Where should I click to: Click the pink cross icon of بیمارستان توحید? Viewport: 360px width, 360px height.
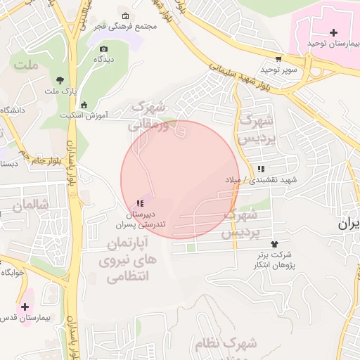pyautogui.click(x=333, y=32)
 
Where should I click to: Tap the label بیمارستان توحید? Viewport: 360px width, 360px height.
pyautogui.click(x=333, y=44)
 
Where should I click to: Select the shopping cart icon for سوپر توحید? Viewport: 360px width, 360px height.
pyautogui.click(x=279, y=59)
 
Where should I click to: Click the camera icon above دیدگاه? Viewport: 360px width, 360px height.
pyautogui.click(x=104, y=49)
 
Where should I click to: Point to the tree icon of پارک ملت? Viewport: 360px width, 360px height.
pyautogui.click(x=59, y=79)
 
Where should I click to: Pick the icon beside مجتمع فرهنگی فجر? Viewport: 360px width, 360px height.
pyautogui.click(x=126, y=16)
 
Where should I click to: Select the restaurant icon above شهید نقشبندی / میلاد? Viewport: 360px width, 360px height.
pyautogui.click(x=261, y=169)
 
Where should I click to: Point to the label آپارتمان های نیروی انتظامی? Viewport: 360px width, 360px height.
pyautogui.click(x=127, y=260)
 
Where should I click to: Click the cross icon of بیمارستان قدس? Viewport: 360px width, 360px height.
pyautogui.click(x=25, y=307)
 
